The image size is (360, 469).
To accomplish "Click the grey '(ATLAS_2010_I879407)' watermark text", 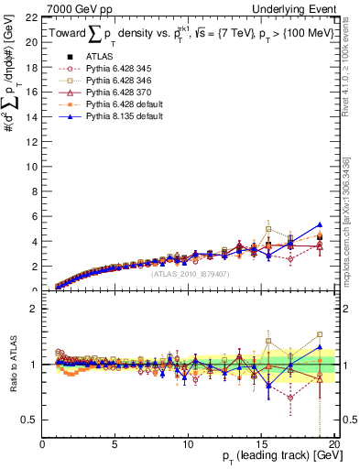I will (190, 273).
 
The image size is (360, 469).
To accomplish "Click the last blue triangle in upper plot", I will (319, 224).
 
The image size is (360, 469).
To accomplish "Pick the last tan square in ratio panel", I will (319, 334).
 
